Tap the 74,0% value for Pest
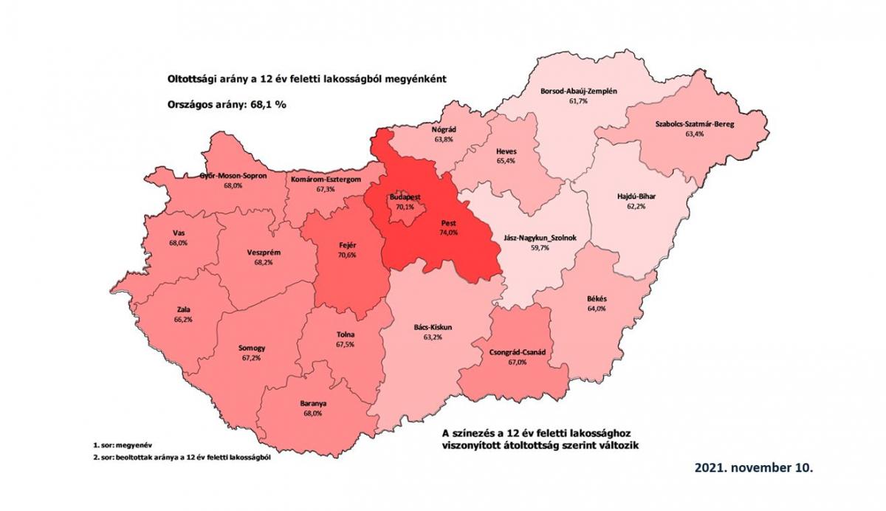point(449,233)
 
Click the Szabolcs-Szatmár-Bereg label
point(695,125)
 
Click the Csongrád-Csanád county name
point(517,353)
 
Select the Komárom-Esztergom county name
point(326,179)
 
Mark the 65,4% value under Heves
point(506,160)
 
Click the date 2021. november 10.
point(754,468)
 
